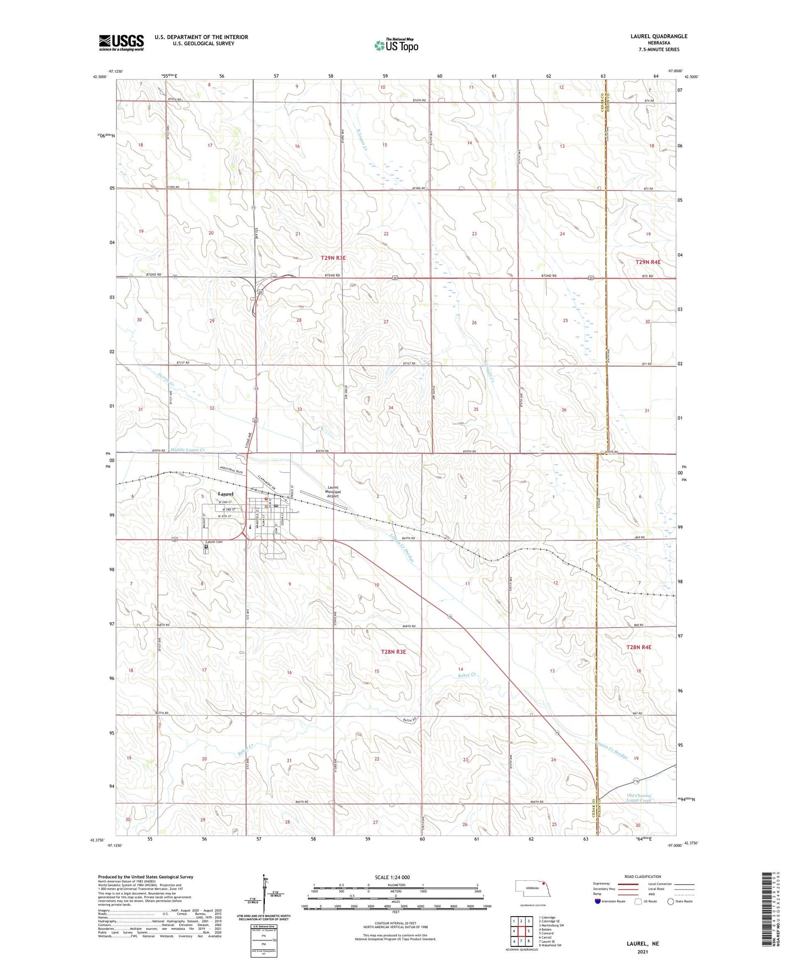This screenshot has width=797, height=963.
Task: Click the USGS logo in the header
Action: (x=121, y=42)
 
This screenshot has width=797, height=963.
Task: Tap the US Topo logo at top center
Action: (x=395, y=45)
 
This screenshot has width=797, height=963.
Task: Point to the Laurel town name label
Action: (x=225, y=494)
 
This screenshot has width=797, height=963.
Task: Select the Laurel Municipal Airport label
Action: (x=333, y=491)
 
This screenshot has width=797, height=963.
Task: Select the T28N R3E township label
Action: (x=393, y=651)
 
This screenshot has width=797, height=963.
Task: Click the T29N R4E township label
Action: (x=648, y=262)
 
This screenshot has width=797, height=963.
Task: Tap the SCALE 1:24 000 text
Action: (x=392, y=877)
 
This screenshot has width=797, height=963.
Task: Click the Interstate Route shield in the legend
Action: (x=598, y=901)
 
